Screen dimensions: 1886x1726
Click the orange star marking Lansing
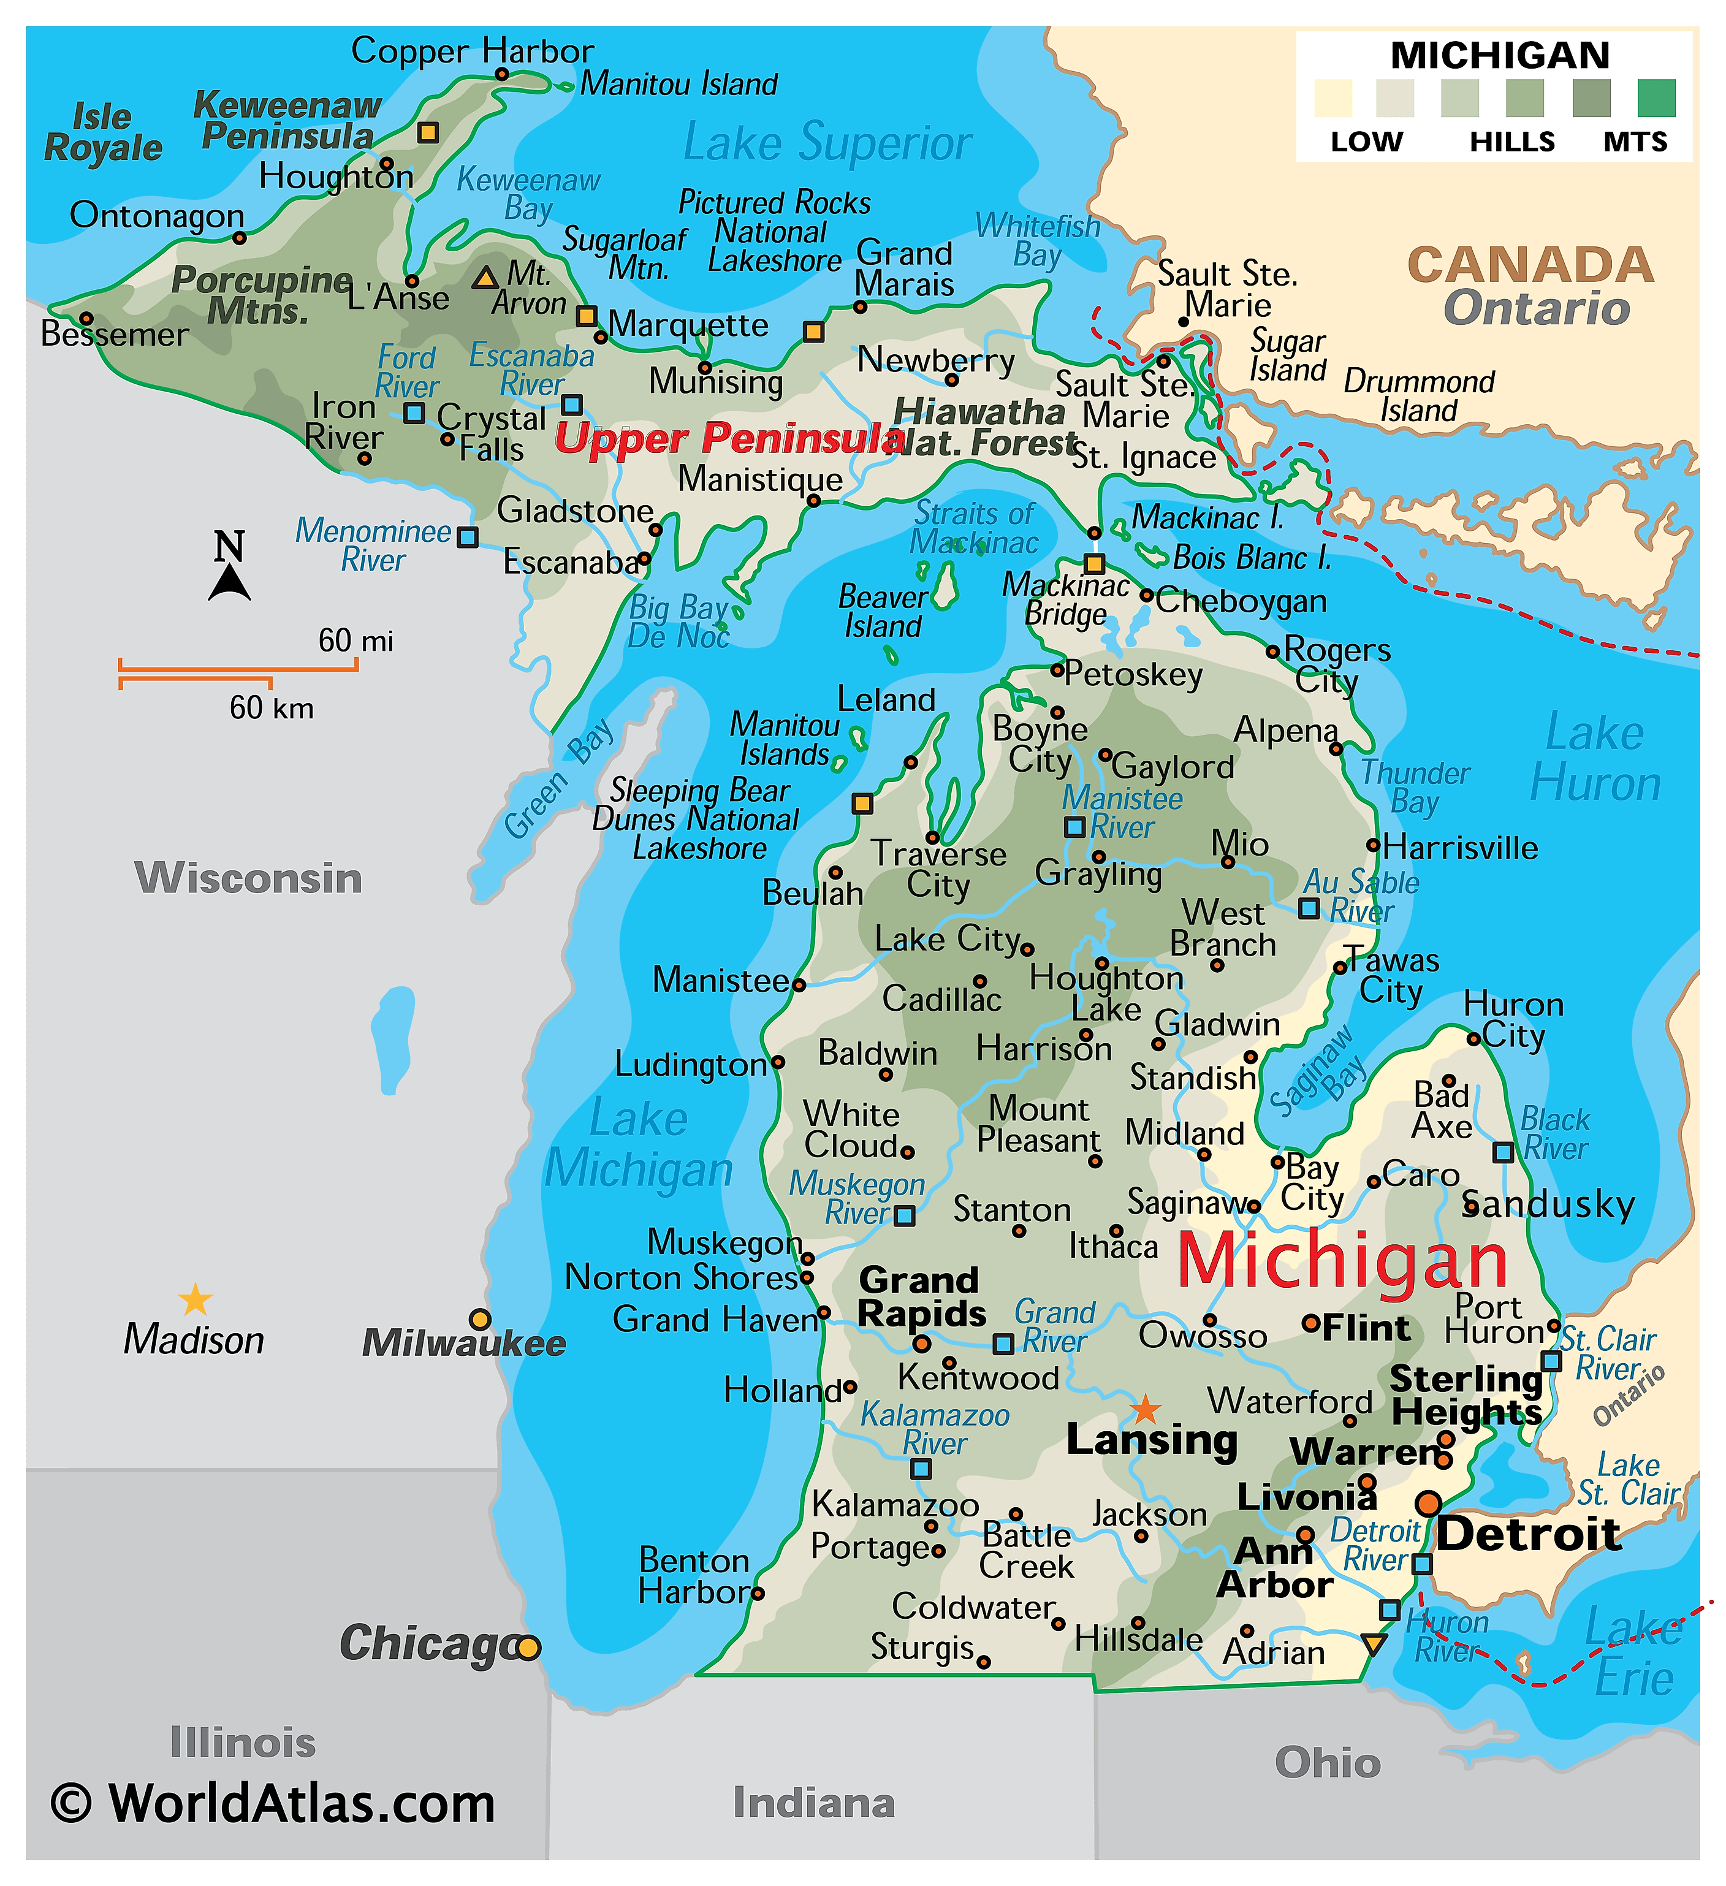click(x=1144, y=1409)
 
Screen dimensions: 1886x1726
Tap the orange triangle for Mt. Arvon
click(x=485, y=278)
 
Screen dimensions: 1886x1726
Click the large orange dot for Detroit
click(x=1428, y=1504)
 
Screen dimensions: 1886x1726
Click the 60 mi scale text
click(x=355, y=641)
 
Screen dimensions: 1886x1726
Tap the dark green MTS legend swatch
click(x=1656, y=98)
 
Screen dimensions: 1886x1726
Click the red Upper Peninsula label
click(x=730, y=438)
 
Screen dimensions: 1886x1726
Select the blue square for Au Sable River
click(x=1310, y=908)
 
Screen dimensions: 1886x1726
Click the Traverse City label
click(x=938, y=869)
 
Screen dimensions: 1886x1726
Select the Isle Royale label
click(x=103, y=133)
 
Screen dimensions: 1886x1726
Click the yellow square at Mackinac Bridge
click(x=1093, y=564)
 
